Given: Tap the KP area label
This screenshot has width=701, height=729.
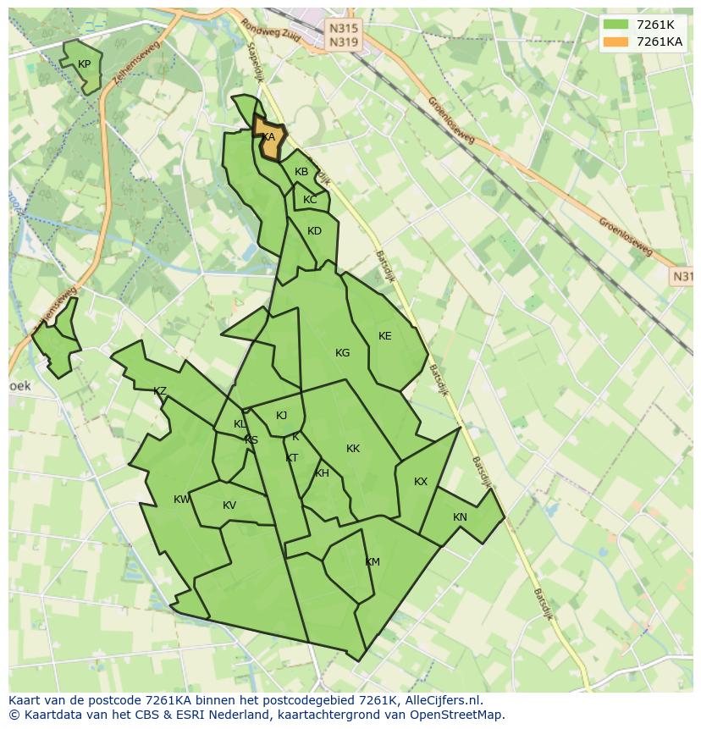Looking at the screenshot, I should tap(85, 64).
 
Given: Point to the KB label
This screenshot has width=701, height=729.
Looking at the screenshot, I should tap(301, 172).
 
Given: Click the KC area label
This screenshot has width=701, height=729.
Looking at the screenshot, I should tap(310, 200).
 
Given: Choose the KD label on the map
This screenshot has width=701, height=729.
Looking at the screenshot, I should tap(315, 231).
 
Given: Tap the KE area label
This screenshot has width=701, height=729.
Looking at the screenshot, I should tap(385, 336).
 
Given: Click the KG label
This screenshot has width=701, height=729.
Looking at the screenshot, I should tap(343, 353).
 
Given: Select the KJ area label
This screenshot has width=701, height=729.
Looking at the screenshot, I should tap(282, 415).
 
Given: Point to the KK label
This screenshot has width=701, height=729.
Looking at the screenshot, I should tap(353, 449).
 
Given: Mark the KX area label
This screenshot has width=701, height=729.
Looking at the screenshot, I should tap(421, 482).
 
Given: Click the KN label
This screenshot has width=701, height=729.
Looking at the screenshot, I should tap(460, 517).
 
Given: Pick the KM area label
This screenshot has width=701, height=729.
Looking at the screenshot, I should tap(373, 562).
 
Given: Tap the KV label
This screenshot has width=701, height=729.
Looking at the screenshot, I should tap(229, 505).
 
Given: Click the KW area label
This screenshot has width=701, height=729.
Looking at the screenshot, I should tap(182, 500).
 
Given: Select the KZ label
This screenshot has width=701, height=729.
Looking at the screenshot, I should tap(160, 391).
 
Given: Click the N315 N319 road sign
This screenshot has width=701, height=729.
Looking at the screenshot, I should tap(343, 35).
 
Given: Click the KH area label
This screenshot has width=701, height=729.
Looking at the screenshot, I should tap(322, 473).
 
